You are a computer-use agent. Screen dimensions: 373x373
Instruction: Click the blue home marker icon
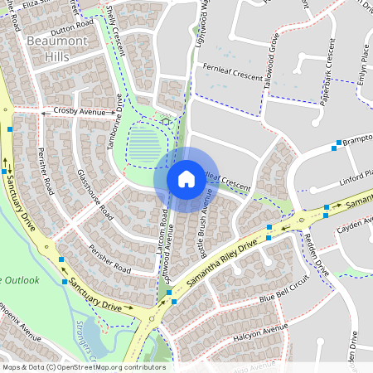(186, 178)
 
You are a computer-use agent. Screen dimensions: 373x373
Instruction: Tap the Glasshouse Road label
(94, 192)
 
